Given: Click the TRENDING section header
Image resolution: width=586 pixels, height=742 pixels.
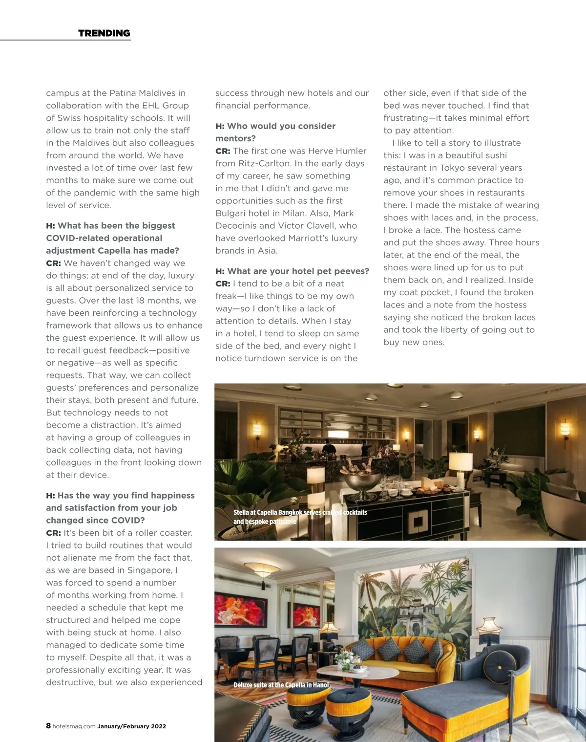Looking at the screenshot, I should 104,33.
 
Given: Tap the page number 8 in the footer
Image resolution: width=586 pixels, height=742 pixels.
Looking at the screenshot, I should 48,726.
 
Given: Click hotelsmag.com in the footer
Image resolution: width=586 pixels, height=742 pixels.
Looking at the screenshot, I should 74,726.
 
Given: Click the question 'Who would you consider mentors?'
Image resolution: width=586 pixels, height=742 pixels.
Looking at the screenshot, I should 275,132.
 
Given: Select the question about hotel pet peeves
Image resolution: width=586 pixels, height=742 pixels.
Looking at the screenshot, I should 292,271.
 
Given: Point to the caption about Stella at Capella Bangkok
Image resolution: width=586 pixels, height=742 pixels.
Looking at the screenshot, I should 300,517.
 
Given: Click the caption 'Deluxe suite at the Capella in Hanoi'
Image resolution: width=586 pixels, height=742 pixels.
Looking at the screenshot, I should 281,685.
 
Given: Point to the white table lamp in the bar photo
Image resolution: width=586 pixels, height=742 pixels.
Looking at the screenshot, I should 460,463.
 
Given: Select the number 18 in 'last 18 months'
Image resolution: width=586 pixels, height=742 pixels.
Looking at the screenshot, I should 143,300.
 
